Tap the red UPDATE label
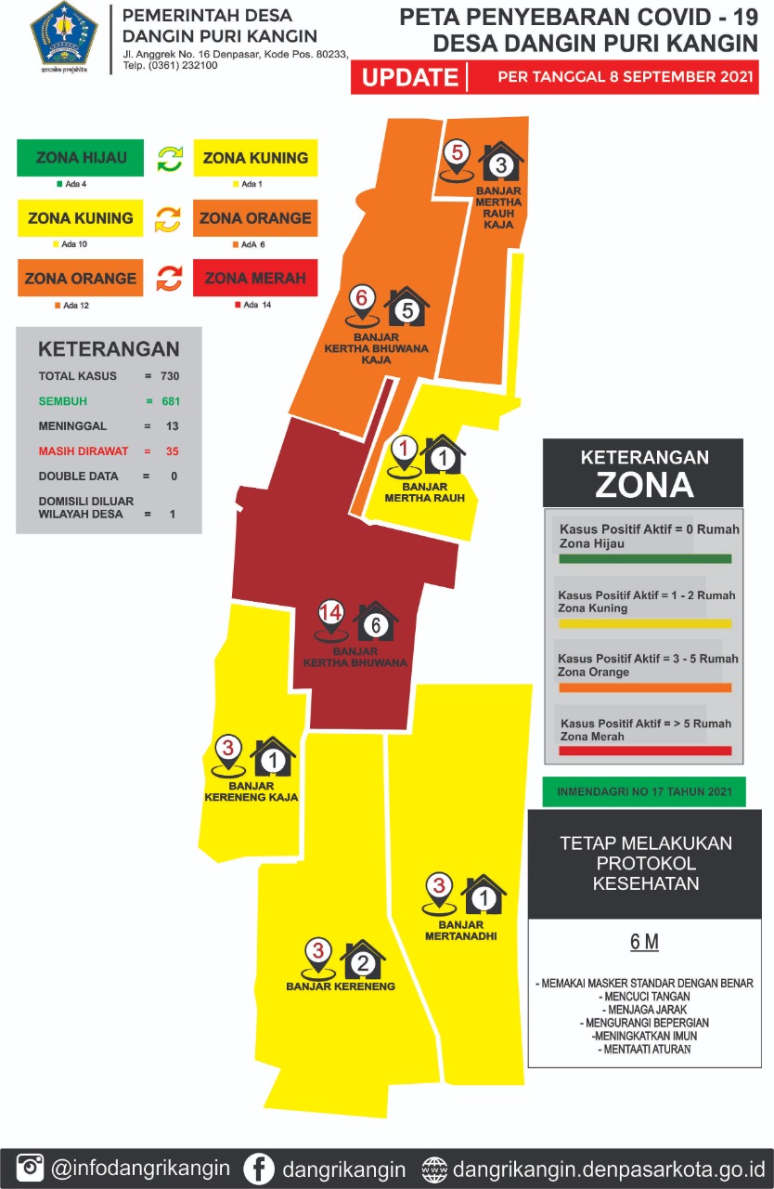click(409, 77)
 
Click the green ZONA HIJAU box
click(81, 158)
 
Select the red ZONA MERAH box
click(255, 278)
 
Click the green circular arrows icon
click(169, 158)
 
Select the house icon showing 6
click(376, 622)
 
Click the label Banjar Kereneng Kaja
click(251, 791)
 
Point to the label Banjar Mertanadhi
click(461, 931)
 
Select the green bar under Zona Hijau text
click(645, 559)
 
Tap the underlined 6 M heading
click(644, 942)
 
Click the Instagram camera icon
click(31, 1168)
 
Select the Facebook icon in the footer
click(259, 1168)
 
